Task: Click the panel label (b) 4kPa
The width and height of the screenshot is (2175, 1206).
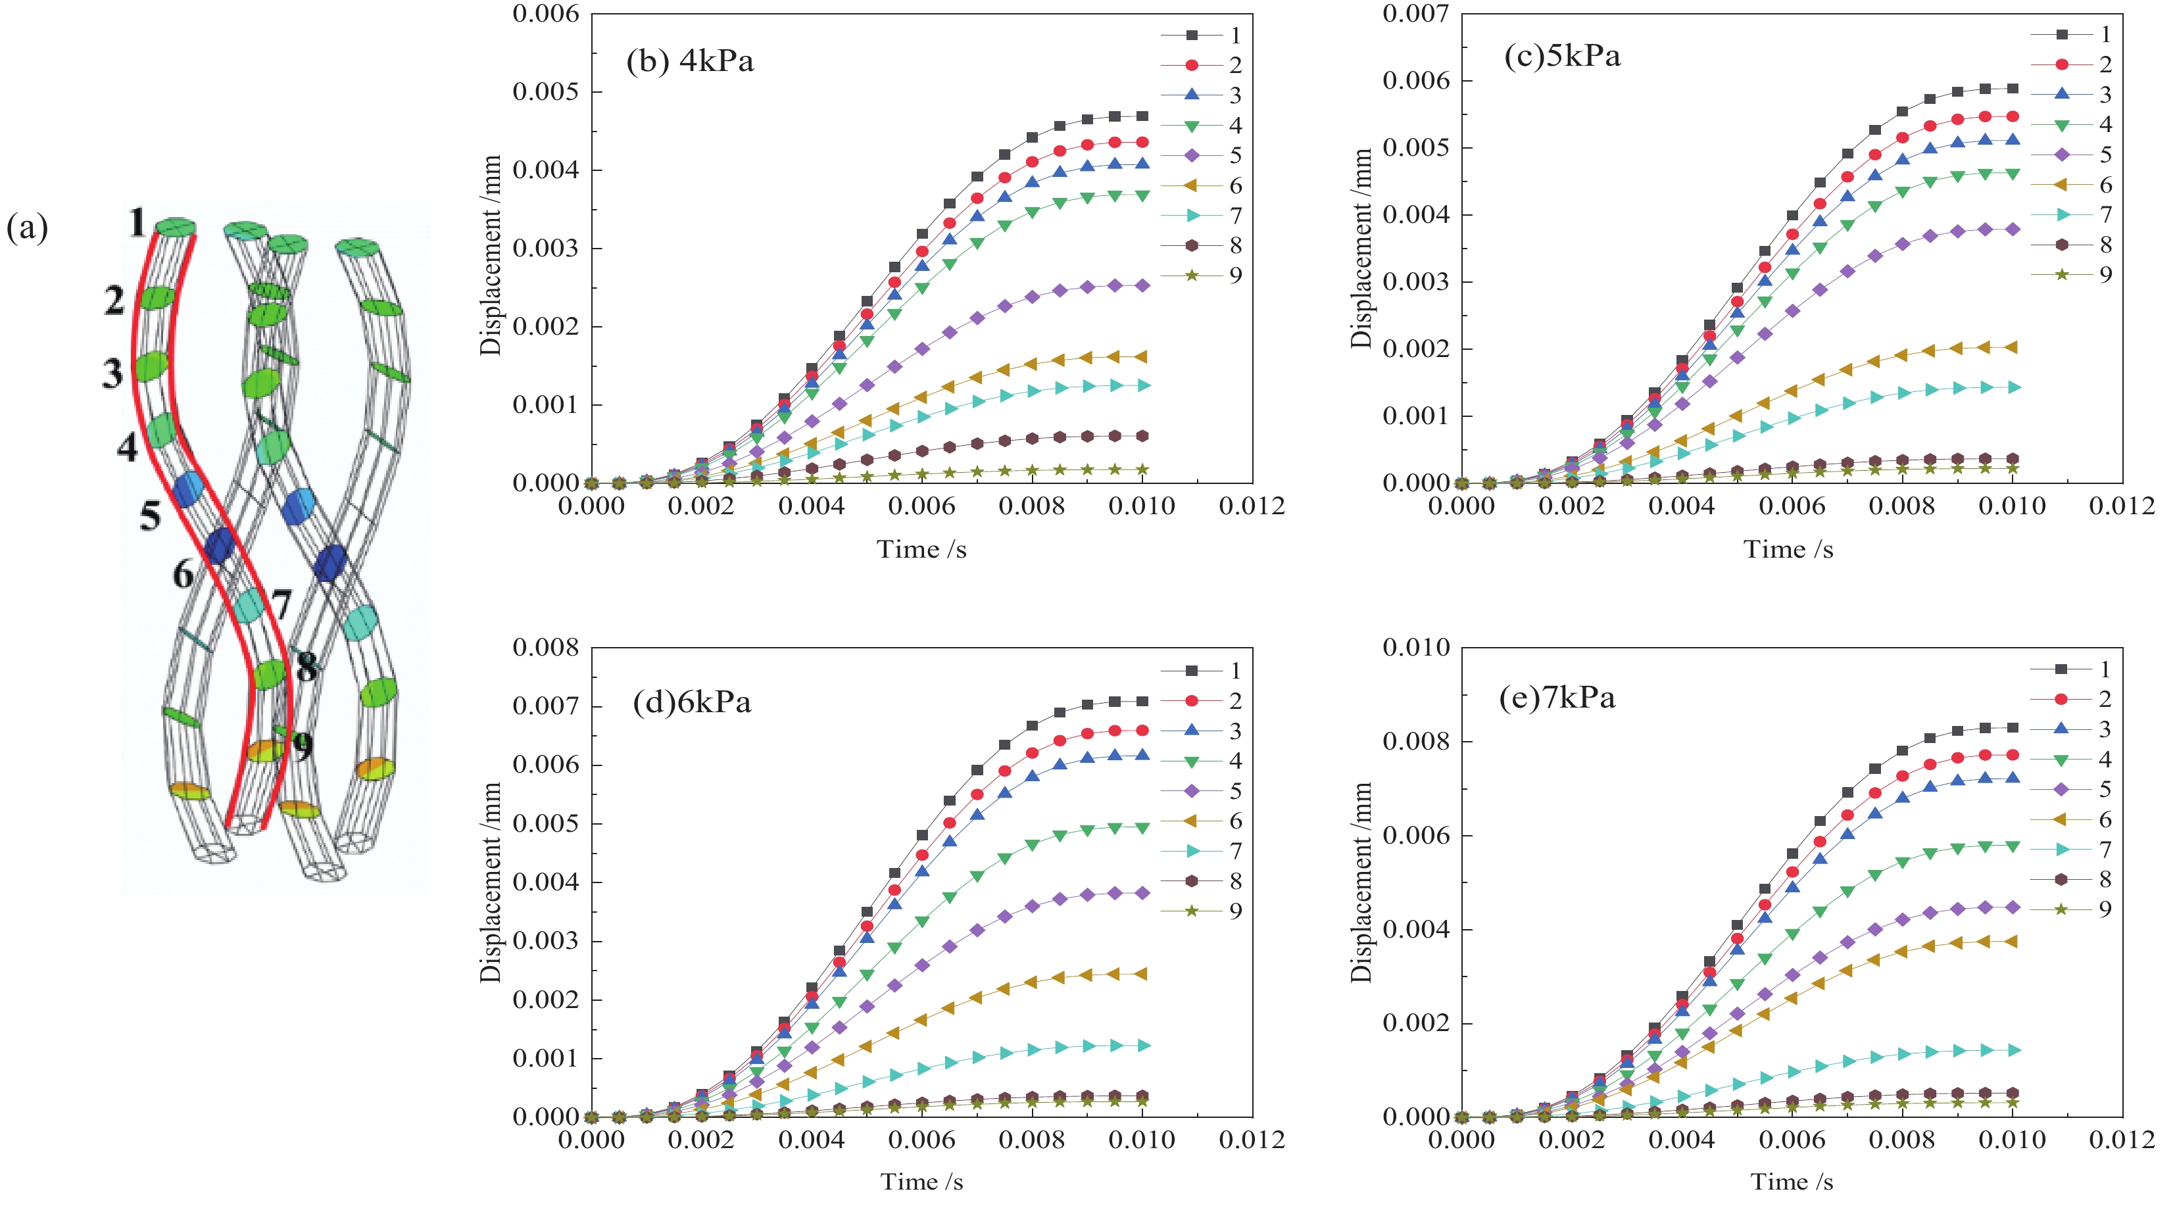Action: click(690, 62)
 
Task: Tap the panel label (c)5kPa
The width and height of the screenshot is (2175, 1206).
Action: click(1562, 56)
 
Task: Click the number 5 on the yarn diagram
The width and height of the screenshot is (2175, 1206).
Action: click(151, 515)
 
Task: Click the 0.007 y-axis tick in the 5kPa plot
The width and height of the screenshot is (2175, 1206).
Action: click(1416, 14)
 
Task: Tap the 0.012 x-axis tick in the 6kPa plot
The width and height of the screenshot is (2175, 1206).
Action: click(1252, 1140)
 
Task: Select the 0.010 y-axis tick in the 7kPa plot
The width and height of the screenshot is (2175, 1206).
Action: click(1416, 647)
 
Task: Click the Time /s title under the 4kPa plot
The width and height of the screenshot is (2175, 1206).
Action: click(921, 550)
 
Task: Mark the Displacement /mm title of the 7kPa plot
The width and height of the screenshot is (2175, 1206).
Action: click(1361, 882)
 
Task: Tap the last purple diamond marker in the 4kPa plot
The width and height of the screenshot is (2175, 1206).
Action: click(1142, 286)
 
